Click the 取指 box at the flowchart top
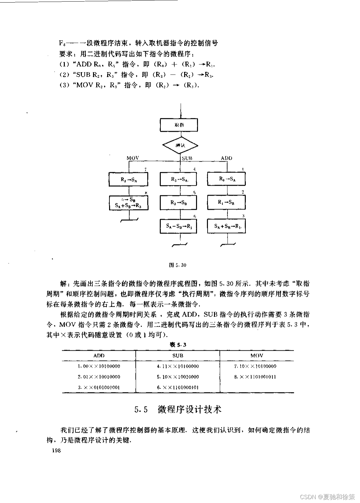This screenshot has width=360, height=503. [x=179, y=125]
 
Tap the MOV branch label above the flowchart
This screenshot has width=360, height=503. [x=133, y=158]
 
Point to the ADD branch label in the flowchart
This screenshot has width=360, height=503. [x=227, y=158]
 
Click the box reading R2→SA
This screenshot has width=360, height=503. [x=129, y=179]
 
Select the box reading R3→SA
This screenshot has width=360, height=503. [x=179, y=179]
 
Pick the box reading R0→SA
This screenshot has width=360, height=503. [x=227, y=179]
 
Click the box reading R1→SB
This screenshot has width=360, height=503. [x=227, y=202]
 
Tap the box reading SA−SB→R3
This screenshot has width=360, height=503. [x=179, y=226]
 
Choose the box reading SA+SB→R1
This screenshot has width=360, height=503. [x=227, y=226]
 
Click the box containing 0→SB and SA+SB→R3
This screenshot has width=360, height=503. [x=129, y=203]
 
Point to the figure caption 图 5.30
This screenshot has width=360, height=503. [x=177, y=265]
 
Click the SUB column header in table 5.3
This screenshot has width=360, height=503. [x=178, y=355]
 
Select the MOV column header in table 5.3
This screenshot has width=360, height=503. [x=257, y=355]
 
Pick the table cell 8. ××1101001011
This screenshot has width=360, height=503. [x=255, y=377]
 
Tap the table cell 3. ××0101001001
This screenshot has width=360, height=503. [x=99, y=388]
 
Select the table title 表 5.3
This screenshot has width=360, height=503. [x=178, y=345]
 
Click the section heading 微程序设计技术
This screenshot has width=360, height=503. [x=189, y=410]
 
